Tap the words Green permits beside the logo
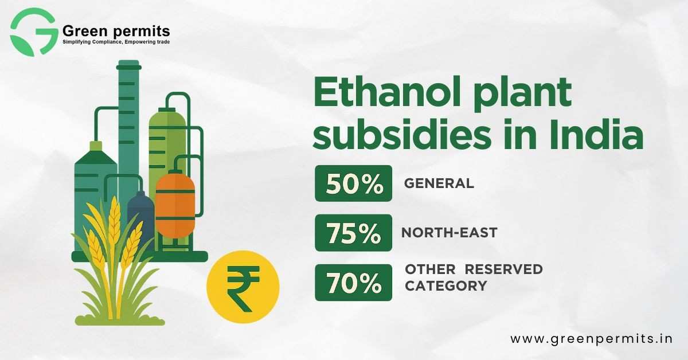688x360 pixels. click(x=116, y=31)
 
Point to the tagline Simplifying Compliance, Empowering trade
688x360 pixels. click(x=116, y=42)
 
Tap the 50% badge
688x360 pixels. click(x=354, y=183)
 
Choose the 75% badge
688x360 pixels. click(x=354, y=233)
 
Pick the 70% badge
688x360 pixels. click(x=354, y=282)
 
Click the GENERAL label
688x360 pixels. click(x=439, y=183)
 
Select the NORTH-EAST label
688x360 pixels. click(x=449, y=233)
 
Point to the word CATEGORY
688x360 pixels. click(x=446, y=286)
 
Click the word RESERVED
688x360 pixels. click(x=504, y=269)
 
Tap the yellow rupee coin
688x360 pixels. click(x=243, y=287)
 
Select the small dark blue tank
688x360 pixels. click(x=140, y=220)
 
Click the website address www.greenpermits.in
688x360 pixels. click(x=591, y=339)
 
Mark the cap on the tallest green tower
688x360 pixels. click(x=128, y=65)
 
